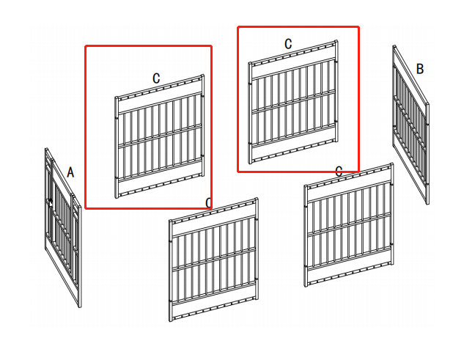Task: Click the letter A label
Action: pos(70,172)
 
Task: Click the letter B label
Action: pos(420,69)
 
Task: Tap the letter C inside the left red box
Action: pos(156,78)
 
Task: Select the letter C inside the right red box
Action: pos(288,44)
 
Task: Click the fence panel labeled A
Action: pos(63,227)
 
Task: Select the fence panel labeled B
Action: pos(410,125)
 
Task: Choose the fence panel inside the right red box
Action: pos(294,103)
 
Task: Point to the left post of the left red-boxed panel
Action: pos(117,147)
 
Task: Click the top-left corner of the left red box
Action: pos(86,46)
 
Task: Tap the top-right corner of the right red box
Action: pos(358,27)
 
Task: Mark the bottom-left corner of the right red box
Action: pos(238,172)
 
